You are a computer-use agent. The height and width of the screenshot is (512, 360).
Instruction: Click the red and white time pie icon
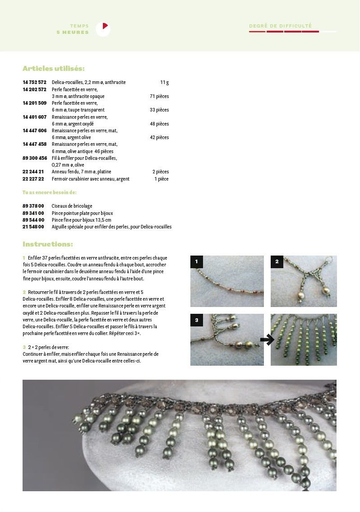(x=103, y=29)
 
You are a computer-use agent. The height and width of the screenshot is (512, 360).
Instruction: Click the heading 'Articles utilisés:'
(x=53, y=69)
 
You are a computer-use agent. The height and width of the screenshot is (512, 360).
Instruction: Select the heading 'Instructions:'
(x=47, y=244)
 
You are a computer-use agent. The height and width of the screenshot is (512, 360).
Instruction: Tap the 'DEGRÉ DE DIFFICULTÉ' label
(x=280, y=26)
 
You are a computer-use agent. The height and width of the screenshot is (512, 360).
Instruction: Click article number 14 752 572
(x=34, y=83)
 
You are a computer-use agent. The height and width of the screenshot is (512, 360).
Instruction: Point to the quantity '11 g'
(x=164, y=83)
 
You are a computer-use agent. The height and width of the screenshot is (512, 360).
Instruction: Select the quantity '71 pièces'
(x=159, y=96)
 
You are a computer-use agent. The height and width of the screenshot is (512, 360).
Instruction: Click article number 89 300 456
(x=34, y=158)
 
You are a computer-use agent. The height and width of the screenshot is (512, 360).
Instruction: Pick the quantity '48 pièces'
(x=159, y=124)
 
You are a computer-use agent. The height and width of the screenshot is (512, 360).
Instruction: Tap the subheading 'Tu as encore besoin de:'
(x=50, y=192)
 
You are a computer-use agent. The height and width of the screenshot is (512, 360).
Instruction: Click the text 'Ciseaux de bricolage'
(x=72, y=206)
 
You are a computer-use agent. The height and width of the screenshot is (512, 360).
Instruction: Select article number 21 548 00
(x=33, y=227)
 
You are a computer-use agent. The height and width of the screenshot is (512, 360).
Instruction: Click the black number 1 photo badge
(x=197, y=262)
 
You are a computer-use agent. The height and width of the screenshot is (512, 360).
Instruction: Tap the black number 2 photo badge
(x=277, y=262)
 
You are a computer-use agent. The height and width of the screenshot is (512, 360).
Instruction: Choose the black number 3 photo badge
(x=197, y=320)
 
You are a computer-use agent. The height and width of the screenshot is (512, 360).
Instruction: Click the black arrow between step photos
(x=267, y=340)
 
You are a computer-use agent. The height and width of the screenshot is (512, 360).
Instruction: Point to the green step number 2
(x=24, y=292)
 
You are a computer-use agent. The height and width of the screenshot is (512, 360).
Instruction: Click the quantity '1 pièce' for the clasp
(x=161, y=179)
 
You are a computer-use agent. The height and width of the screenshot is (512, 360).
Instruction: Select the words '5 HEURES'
(x=73, y=33)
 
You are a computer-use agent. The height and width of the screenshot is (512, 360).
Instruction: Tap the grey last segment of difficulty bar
(x=328, y=32)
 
